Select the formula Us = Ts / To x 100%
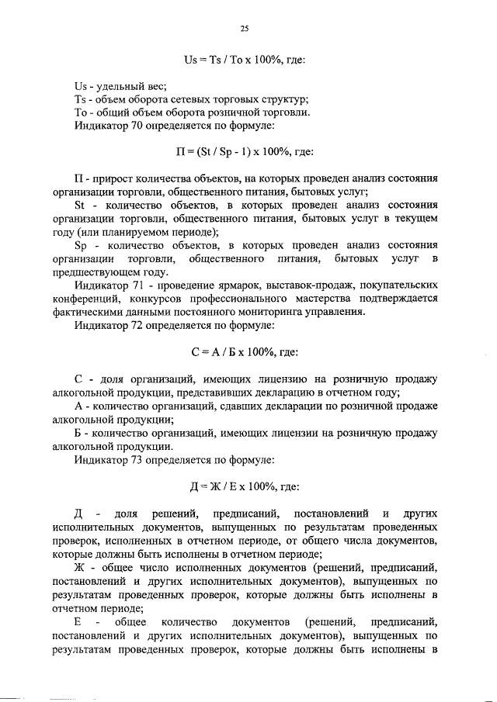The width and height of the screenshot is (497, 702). (243, 58)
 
